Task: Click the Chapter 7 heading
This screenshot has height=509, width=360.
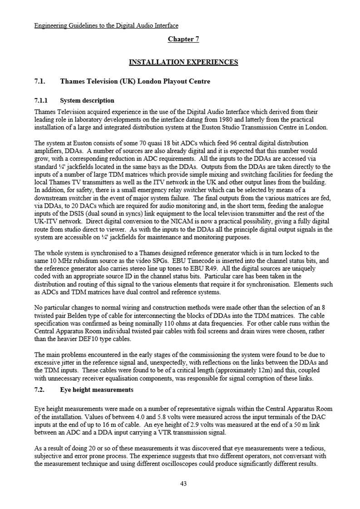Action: click(183, 39)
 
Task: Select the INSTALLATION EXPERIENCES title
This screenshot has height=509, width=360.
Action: click(183, 62)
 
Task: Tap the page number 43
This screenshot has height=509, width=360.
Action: click(183, 484)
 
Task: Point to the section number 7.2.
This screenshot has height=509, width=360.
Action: click(40, 390)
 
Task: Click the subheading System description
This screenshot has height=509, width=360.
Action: click(87, 100)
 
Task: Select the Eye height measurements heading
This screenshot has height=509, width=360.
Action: click(97, 390)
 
